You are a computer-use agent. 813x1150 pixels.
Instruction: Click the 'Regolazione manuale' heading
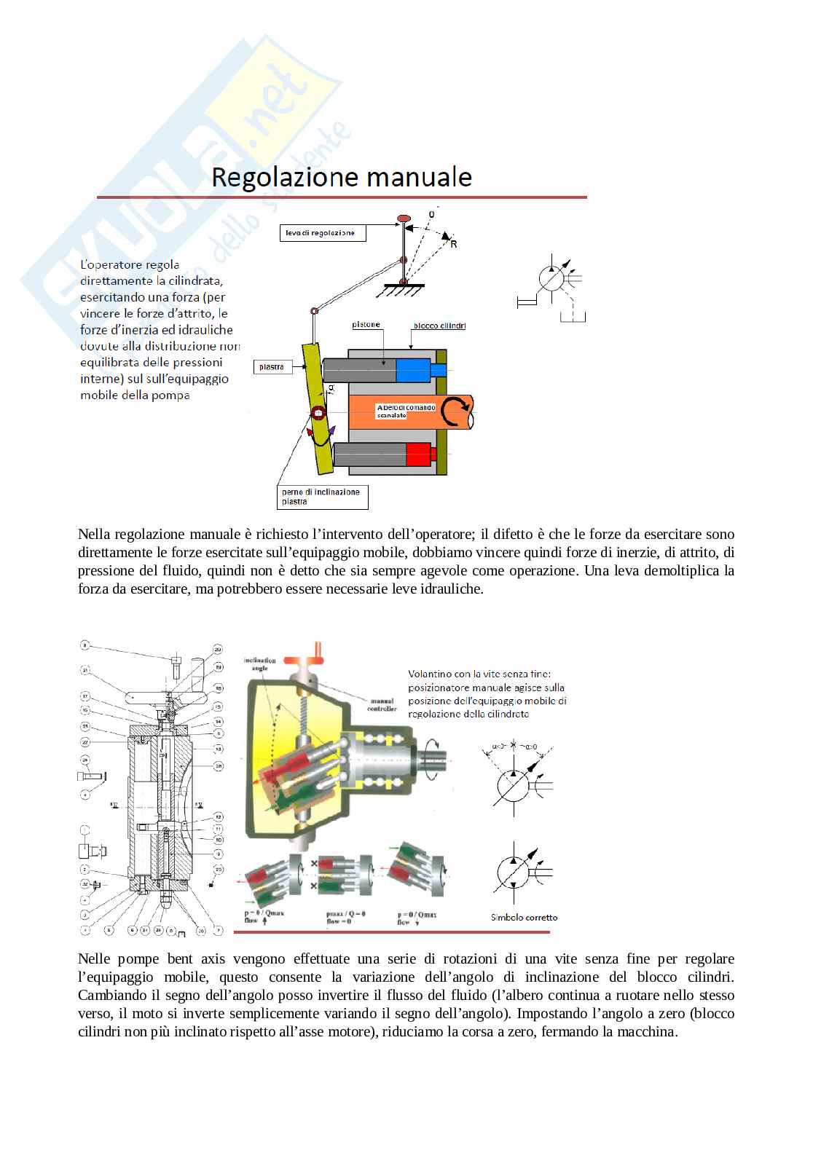342,178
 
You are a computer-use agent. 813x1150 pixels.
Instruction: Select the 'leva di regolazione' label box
322,233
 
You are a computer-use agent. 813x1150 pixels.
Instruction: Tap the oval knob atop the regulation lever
404,218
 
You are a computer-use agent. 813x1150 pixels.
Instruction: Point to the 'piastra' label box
272,367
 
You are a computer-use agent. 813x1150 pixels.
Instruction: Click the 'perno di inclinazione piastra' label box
322,497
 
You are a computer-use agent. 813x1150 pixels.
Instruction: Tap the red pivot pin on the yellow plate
318,414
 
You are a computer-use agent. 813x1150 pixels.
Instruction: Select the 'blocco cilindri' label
439,326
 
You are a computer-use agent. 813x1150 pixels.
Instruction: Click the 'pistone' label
366,325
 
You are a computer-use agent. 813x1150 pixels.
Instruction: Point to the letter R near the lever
454,245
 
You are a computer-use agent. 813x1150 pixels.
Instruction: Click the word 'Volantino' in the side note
428,674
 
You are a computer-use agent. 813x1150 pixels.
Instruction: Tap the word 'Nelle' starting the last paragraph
94,958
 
